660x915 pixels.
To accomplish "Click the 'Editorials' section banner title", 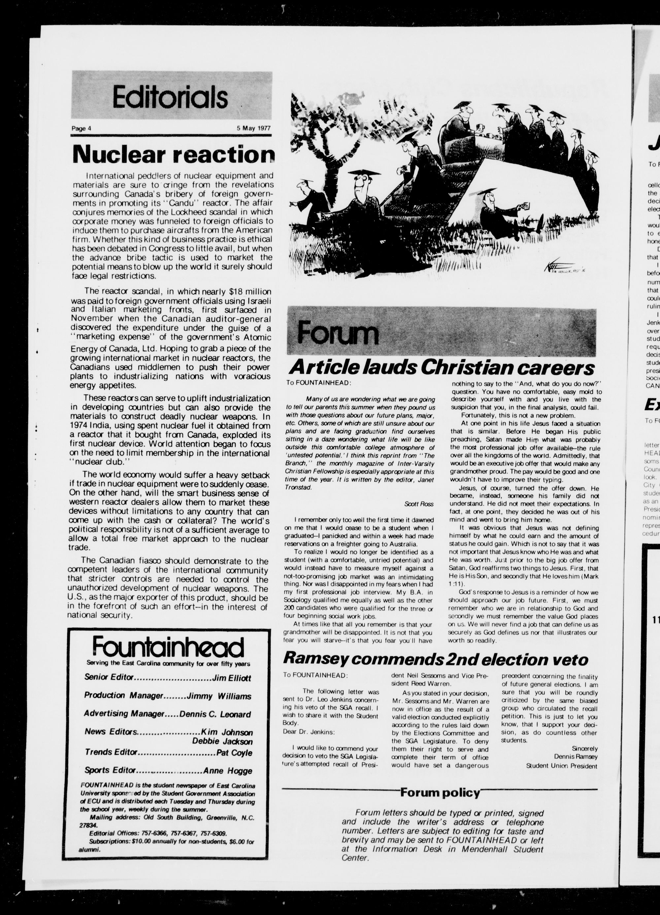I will pyautogui.click(x=170, y=97).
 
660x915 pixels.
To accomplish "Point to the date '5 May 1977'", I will pyautogui.click(x=253, y=128).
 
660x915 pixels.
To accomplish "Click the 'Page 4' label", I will pyautogui.click(x=82, y=129).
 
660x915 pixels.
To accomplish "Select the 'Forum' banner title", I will pyautogui.click(x=338, y=334).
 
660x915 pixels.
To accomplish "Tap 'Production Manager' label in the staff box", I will pyautogui.click(x=123, y=695).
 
